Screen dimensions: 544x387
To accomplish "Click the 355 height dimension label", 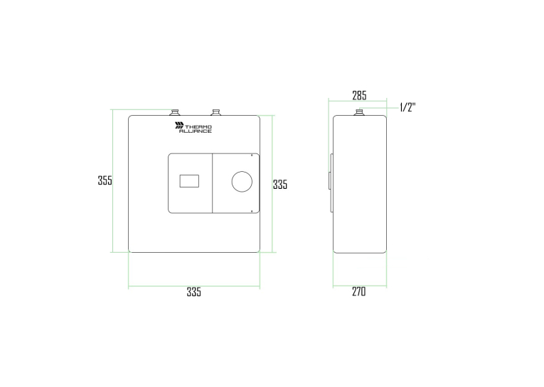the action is (x=105, y=180).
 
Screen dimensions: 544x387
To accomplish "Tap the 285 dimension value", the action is (x=359, y=95).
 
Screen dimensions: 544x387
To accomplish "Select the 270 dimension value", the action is (x=358, y=292).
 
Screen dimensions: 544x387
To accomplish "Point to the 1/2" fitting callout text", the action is (x=407, y=107).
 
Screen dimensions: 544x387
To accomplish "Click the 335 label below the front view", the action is (x=193, y=292).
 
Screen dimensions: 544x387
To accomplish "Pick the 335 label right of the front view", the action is (x=280, y=185).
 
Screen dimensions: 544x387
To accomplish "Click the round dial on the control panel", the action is (x=242, y=182).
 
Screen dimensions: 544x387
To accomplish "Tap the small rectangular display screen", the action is (x=189, y=181).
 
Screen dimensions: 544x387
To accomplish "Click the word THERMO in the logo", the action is (x=198, y=127).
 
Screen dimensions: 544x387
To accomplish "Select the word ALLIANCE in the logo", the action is (x=196, y=131).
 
